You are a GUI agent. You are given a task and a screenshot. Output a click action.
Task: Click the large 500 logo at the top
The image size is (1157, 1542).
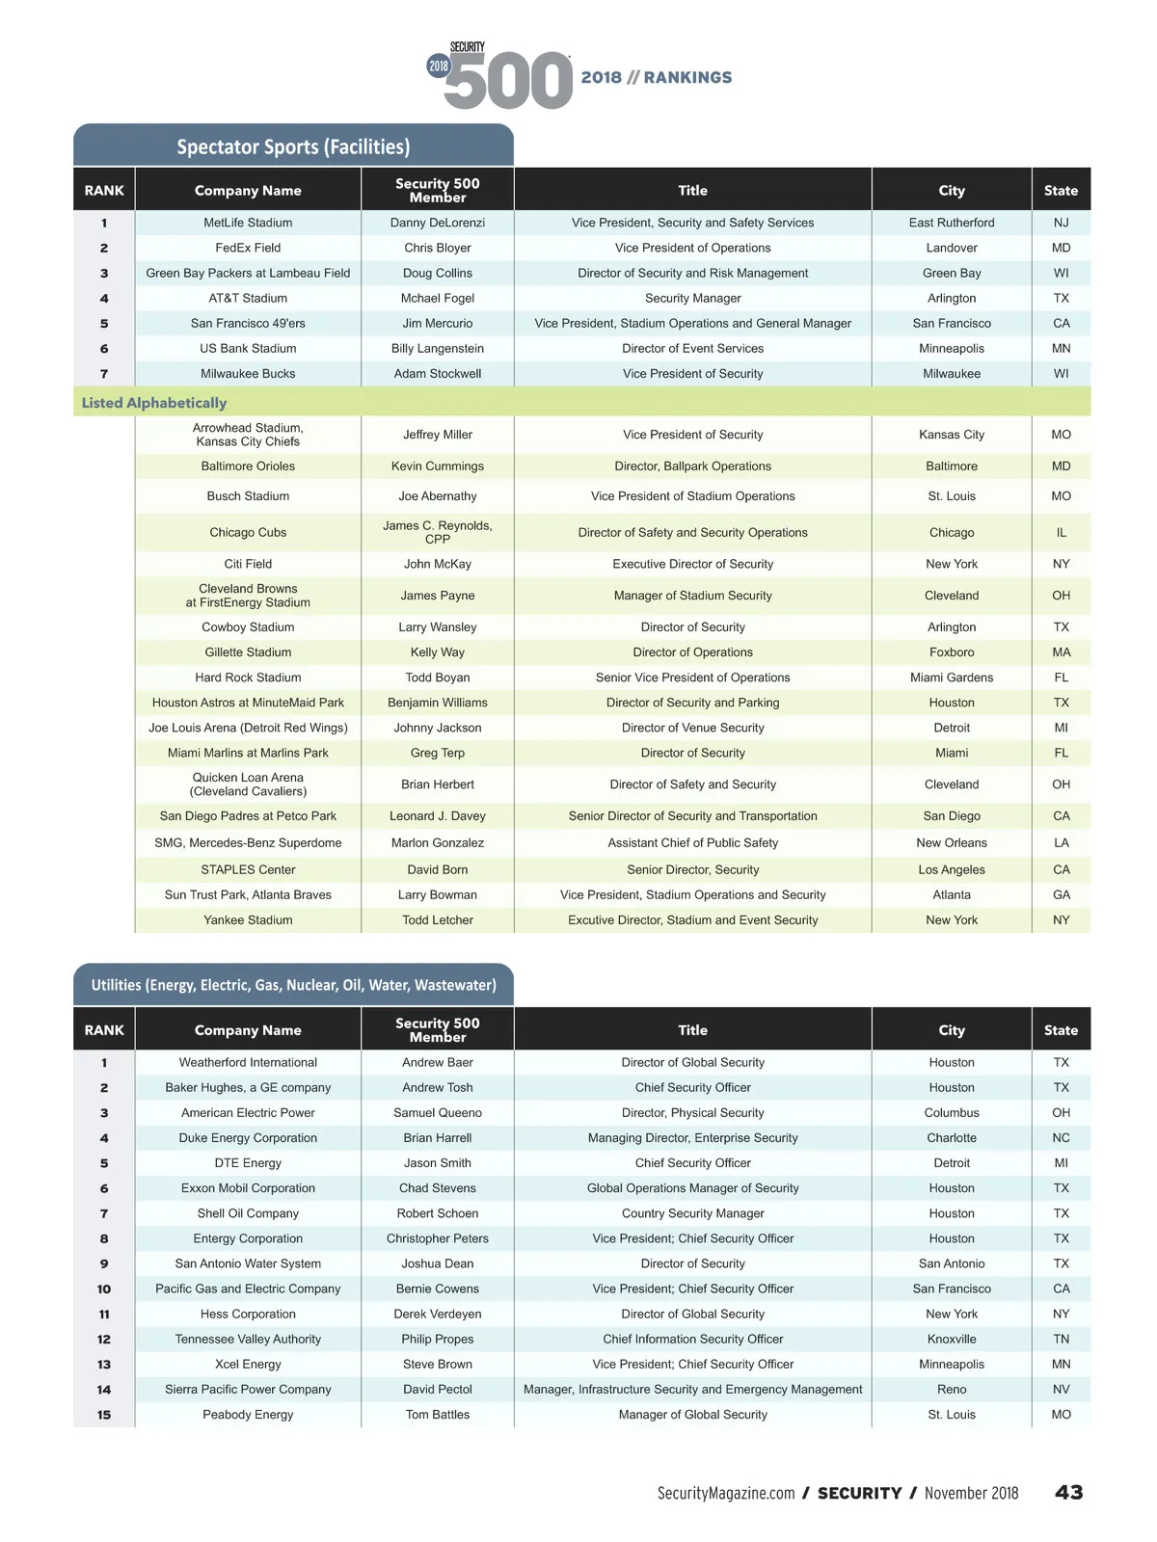coord(508,80)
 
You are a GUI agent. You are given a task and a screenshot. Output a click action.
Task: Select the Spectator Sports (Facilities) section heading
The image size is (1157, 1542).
coord(293,146)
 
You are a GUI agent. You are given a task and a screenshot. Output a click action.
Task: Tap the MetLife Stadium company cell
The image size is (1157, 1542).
coord(248,223)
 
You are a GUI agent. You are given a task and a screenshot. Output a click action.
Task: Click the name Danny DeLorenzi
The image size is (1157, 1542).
coord(438,223)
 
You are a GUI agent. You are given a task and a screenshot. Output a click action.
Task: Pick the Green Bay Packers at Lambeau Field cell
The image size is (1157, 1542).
coord(248,273)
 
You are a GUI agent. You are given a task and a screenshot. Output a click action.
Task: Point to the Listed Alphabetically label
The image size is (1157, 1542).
coord(154,403)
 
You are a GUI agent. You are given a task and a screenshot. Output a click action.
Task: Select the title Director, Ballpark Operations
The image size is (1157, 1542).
coord(692,466)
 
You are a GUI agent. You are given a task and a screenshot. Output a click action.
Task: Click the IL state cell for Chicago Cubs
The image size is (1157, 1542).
coord(1061,532)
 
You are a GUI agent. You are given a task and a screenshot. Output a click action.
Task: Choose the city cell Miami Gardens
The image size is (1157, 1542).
coord(952,678)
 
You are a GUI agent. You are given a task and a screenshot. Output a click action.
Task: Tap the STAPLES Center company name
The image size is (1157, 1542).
coord(248,869)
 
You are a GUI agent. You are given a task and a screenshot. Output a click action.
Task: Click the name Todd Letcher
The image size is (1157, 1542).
coord(438,920)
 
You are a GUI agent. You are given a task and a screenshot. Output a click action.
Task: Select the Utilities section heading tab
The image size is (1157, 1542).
coord(293,985)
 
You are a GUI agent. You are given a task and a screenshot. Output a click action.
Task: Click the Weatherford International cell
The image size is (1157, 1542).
coord(248,1062)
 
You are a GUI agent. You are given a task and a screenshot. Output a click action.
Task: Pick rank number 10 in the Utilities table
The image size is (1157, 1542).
coord(104,1289)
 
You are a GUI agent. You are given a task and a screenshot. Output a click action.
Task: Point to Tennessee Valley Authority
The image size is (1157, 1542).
coord(248,1339)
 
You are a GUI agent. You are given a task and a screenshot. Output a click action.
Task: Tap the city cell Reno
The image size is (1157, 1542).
coord(952,1389)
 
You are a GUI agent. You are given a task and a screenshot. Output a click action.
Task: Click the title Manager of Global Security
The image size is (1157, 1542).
coord(692,1415)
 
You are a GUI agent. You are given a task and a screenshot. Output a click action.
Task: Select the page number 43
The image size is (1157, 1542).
coord(1068,1493)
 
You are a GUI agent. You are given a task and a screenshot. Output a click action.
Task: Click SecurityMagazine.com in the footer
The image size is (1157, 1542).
coord(726,1494)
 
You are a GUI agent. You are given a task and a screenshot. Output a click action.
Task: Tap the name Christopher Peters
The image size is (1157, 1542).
coord(438,1238)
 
